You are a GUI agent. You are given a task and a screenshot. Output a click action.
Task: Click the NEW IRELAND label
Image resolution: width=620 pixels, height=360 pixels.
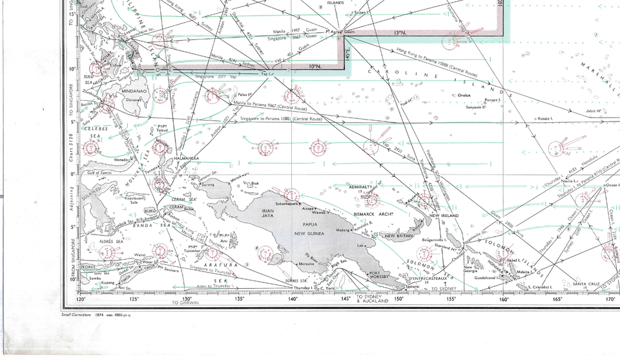tap(444, 215)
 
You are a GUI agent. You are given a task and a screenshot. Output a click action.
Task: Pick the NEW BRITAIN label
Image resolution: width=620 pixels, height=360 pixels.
tap(399, 236)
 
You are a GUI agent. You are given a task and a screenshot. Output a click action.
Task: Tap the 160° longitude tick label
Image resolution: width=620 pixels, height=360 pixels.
tap(504, 299)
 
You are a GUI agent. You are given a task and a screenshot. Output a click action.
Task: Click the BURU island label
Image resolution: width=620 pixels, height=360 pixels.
tap(150, 211)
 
